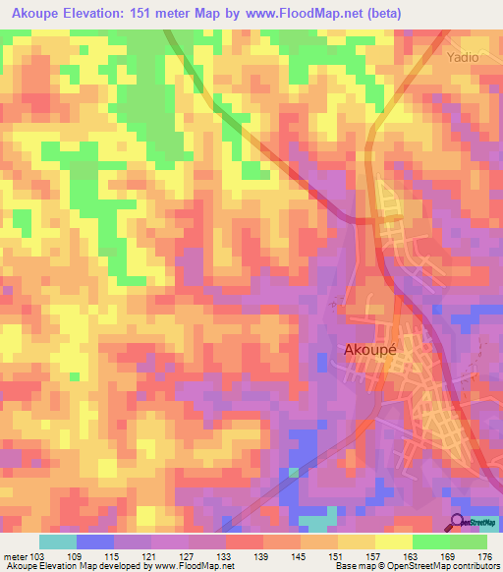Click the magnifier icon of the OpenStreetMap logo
tap(457, 523)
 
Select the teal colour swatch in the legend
tap(58, 542)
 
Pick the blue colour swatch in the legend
tap(95, 542)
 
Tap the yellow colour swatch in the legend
tap(393, 542)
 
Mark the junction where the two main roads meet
tap(370, 221)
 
